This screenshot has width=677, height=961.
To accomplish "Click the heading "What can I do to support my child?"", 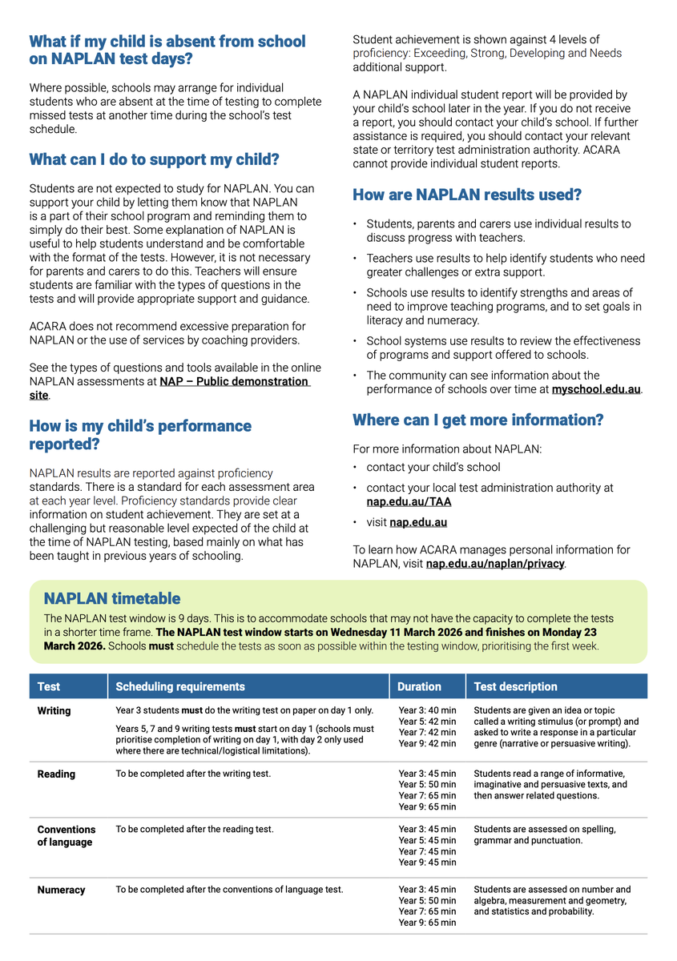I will tap(154, 159).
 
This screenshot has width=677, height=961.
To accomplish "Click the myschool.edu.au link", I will tap(596, 390).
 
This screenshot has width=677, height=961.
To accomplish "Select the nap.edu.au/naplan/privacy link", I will tap(495, 564).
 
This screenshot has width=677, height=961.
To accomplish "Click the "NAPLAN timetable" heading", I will tap(112, 599).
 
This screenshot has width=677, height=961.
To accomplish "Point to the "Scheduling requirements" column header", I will tap(180, 686).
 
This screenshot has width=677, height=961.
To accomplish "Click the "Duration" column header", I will tap(419, 686).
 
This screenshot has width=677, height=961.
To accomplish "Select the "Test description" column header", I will tap(515, 686).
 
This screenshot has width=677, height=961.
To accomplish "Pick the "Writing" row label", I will tap(54, 711).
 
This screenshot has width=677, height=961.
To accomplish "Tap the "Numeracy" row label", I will tap(61, 890).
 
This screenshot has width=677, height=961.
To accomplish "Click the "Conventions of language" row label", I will tap(66, 836).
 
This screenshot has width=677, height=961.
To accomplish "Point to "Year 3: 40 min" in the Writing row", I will tap(427, 710).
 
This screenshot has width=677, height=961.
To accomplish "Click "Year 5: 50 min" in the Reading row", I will tap(427, 785).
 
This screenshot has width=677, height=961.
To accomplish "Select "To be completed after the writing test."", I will tap(193, 774).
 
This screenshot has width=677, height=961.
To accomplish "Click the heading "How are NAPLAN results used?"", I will tap(467, 195).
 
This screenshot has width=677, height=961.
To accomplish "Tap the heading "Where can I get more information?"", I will tap(478, 420).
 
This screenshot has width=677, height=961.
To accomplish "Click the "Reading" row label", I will tap(56, 774).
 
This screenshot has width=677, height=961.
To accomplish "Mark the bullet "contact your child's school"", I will tap(433, 467).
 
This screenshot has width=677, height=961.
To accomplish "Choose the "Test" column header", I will tap(49, 686).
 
